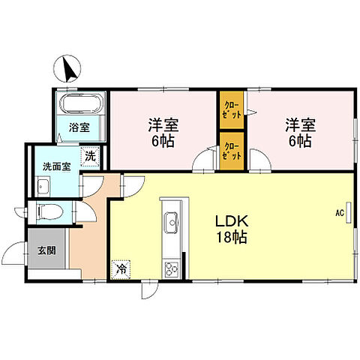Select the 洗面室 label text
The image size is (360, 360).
click(x=56, y=166)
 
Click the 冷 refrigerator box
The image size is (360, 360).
click(x=119, y=266)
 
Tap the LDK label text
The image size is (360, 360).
click(x=232, y=222)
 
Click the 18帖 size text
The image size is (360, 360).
click(x=232, y=237)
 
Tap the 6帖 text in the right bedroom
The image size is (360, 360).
click(x=298, y=140)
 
